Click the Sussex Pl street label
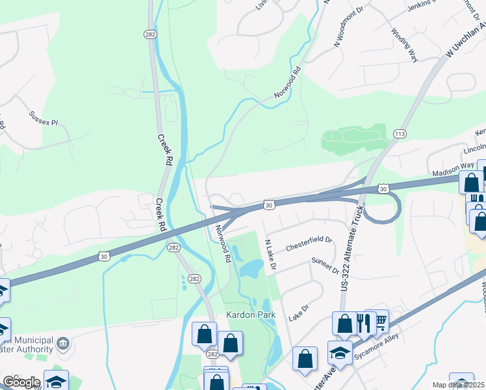click(44, 118)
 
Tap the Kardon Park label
click(251, 315)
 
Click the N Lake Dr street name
click(270, 255)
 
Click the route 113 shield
click(400, 134)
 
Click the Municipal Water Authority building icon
click(63, 343)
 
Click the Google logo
click(21, 382)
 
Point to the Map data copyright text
click(459, 385)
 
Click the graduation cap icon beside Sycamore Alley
click(339, 353)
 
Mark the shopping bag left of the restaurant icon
click(344, 324)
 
